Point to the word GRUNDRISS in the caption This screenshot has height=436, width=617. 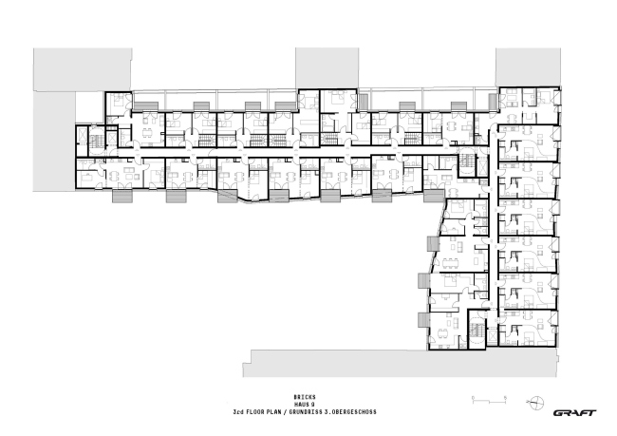[315, 411]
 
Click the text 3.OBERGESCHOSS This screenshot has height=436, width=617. [352, 411]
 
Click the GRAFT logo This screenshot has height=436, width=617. [574, 411]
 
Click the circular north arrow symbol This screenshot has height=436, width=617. [538, 402]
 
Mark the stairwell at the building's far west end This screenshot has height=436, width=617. [94, 141]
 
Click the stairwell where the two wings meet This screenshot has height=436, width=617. [467, 163]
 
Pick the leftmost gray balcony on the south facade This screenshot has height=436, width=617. [123, 198]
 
